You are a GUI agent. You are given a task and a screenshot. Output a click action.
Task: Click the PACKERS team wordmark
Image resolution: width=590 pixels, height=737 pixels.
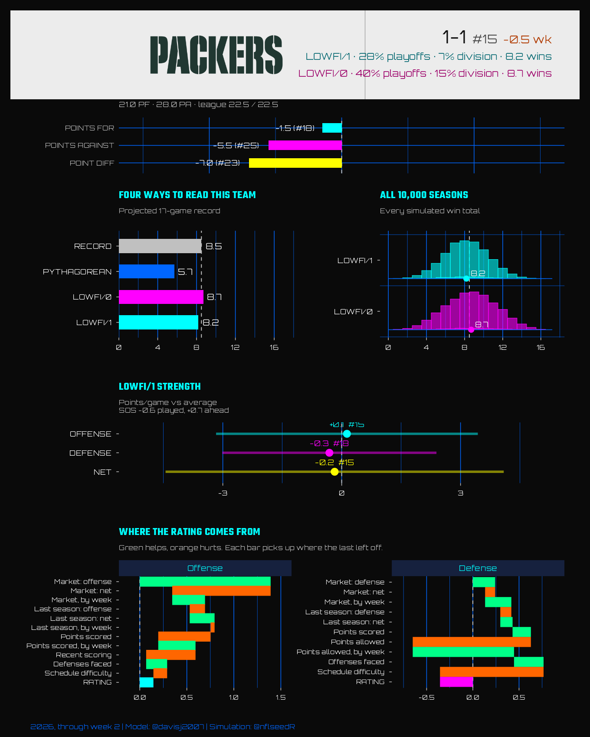point(216,55)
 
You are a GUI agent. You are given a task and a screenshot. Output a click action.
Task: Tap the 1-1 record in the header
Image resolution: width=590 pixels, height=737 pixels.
point(454,38)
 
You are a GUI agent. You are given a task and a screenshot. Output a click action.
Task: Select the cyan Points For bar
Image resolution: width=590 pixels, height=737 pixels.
point(332,128)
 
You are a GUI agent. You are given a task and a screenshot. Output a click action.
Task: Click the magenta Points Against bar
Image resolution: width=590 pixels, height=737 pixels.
point(305,145)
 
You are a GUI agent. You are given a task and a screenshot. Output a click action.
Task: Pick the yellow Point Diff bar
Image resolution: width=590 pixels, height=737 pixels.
point(295,163)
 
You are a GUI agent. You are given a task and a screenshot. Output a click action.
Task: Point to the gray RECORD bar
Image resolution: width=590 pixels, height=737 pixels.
point(160,246)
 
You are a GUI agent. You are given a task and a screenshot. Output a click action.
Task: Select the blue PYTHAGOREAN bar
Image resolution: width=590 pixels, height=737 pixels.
point(147,272)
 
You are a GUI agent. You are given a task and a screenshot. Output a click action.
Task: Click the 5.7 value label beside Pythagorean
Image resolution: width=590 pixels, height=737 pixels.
point(185,272)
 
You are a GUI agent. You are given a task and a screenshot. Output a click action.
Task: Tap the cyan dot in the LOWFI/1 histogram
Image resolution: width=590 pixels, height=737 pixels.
point(466,278)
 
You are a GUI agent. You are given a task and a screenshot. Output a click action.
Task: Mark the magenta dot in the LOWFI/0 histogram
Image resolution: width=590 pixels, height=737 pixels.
point(471,329)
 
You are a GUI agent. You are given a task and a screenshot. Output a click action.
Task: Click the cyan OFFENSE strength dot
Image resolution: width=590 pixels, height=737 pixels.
point(347,434)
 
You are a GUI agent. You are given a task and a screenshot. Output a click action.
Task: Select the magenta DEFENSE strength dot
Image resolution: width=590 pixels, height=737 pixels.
point(329,453)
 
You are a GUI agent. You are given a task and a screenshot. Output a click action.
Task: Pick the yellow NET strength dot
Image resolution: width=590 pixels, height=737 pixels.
point(334,472)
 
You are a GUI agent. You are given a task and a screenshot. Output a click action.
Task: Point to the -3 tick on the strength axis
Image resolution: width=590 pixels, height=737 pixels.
point(223,493)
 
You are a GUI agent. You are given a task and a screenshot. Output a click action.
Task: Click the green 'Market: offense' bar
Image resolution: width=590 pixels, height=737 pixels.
point(205,581)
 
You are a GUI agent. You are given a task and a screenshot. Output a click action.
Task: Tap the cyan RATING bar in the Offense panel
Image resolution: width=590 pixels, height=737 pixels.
point(147,682)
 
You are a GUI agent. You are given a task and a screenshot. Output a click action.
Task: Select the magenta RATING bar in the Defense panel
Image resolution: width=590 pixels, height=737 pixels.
point(456,682)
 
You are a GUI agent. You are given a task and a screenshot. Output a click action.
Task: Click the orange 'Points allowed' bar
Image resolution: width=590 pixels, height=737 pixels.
point(472,642)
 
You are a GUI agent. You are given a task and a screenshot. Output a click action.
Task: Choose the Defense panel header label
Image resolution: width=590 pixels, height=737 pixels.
point(478,568)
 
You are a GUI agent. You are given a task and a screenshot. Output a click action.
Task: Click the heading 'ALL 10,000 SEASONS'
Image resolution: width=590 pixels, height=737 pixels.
point(424,195)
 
